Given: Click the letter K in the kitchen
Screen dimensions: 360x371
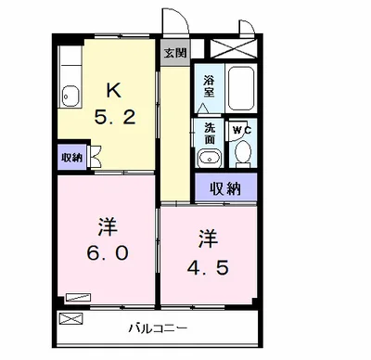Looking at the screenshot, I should [x=112, y=90].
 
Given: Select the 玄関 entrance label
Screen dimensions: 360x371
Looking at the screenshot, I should [x=173, y=52].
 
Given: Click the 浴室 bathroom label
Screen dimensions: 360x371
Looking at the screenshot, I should [x=209, y=86].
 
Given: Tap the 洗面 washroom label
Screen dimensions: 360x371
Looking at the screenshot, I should [x=209, y=133].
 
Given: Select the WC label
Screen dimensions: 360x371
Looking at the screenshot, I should [x=238, y=129].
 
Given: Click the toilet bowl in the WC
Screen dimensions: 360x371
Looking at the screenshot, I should [x=243, y=154].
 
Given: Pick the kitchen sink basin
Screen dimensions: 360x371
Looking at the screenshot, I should [x=70, y=95].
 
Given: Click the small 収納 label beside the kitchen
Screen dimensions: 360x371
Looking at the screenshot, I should [x=71, y=155].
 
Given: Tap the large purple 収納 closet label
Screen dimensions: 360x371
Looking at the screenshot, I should [x=224, y=188].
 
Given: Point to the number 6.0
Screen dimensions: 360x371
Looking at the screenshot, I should [x=103, y=252].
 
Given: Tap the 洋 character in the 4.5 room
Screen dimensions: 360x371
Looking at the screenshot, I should [x=206, y=238].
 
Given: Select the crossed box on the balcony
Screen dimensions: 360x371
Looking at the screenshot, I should [x=70, y=318].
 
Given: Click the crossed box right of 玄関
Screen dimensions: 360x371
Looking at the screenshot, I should [x=230, y=50].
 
